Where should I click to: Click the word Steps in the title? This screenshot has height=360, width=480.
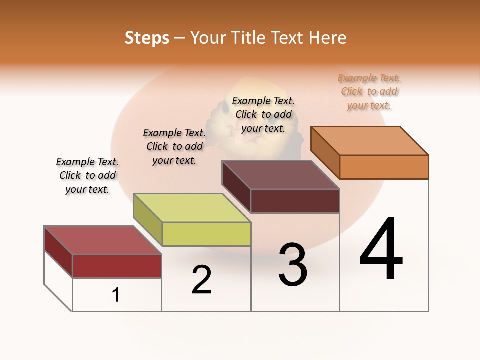pyautogui.click(x=147, y=38)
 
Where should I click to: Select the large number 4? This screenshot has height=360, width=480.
pyautogui.click(x=381, y=249)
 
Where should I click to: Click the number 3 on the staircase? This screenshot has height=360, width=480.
pyautogui.click(x=293, y=265)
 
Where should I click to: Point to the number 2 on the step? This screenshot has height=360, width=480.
pyautogui.click(x=201, y=280)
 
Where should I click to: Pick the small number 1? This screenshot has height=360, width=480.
pyautogui.click(x=116, y=295)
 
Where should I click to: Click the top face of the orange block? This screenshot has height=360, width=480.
pyautogui.click(x=370, y=140)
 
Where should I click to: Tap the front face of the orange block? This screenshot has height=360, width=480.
pyautogui.click(x=384, y=167)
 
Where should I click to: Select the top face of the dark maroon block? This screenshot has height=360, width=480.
pyautogui.click(x=281, y=175)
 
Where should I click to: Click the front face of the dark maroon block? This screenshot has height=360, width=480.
pyautogui.click(x=295, y=201)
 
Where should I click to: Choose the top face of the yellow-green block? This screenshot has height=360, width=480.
pyautogui.click(x=192, y=208)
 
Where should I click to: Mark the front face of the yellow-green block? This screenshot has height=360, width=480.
pyautogui.click(x=206, y=234)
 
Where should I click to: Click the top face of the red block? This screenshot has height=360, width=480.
pyautogui.click(x=103, y=240)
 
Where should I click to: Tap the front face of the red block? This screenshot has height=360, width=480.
pyautogui.click(x=117, y=266)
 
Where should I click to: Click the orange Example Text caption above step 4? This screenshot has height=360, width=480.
pyautogui.click(x=369, y=92)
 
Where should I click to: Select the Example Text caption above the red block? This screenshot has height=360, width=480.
pyautogui.click(x=87, y=175)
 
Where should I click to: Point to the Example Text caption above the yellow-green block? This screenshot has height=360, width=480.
pyautogui.click(x=174, y=146)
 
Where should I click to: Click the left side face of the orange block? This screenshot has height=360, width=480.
pyautogui.click(x=325, y=152)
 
